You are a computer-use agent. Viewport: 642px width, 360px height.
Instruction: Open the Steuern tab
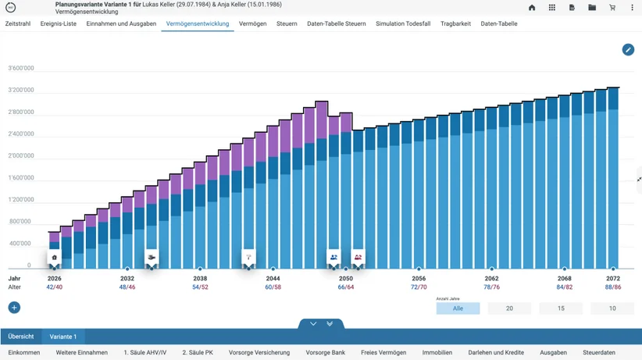point(287,23)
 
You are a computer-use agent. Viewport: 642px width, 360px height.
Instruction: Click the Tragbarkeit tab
point(455,23)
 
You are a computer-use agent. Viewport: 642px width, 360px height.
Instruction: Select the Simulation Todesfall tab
point(403,23)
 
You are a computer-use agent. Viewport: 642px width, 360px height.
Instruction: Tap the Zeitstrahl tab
point(18,23)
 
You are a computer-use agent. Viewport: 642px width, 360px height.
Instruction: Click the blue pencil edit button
point(628,50)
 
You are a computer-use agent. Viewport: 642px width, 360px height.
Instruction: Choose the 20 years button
point(509,308)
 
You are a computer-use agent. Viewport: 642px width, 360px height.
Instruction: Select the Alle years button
point(458,308)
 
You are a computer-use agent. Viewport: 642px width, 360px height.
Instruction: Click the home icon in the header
point(532,7)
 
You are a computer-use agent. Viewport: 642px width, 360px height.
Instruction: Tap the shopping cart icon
point(612,7)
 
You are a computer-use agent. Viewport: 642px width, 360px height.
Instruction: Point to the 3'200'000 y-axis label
point(21,90)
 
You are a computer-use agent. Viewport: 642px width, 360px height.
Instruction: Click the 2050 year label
point(345,279)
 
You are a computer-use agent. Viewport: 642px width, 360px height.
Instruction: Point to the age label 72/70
point(419,287)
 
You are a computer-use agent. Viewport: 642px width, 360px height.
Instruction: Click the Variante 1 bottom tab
point(63,337)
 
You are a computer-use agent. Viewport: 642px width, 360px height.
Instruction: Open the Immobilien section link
point(437,352)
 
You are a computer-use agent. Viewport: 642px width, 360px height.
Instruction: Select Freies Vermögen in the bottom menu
point(383,352)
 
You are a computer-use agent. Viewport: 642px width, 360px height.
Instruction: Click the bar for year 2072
point(613,178)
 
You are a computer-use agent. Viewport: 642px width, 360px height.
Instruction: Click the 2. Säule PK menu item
point(198,352)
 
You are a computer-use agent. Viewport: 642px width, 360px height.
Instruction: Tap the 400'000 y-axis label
point(20,244)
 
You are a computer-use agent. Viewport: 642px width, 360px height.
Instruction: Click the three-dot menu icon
point(632,7)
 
